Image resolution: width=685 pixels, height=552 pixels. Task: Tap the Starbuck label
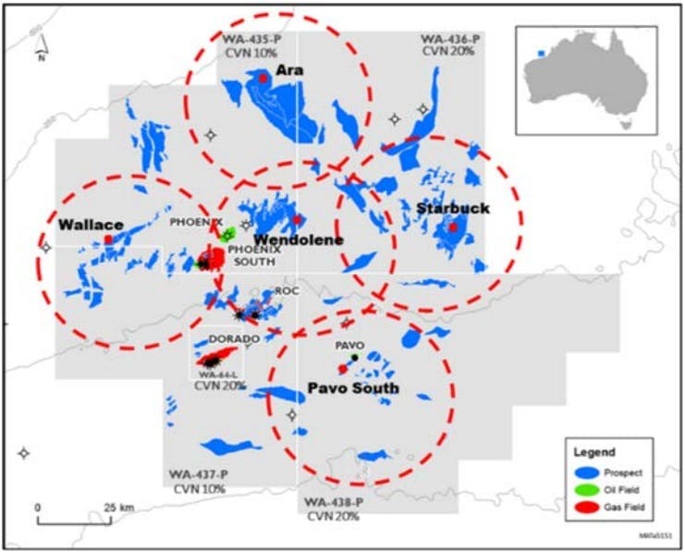pos(452,208)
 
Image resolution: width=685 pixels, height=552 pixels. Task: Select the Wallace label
pos(90,224)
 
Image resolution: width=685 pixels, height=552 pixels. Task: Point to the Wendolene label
pos(286,239)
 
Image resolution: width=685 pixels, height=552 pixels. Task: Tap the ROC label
pos(285,289)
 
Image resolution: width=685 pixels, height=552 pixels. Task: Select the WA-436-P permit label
pos(449,39)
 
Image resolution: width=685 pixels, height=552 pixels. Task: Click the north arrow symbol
pos(42,44)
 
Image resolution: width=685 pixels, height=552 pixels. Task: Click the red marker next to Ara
pos(263,79)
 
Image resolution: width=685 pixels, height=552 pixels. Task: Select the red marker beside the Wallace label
pos(108,239)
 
